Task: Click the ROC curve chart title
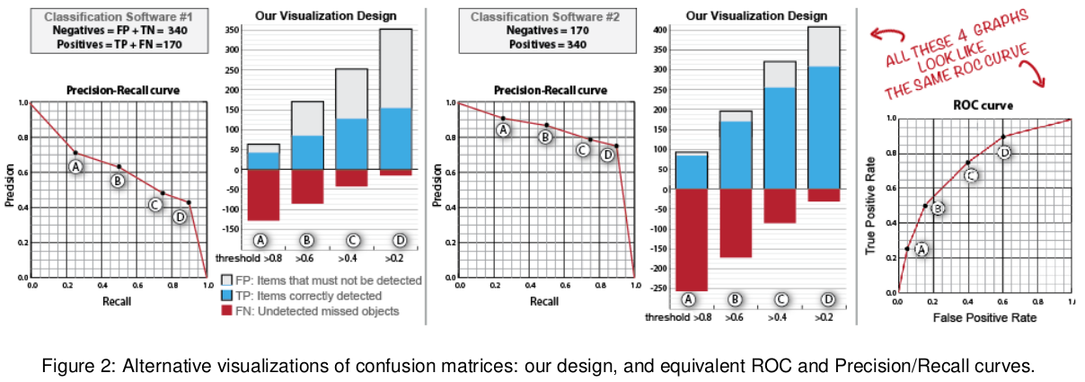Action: coord(984,105)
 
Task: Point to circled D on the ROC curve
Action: coord(1004,153)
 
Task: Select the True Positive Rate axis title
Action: coord(870,203)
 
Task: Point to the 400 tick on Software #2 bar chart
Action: coord(659,30)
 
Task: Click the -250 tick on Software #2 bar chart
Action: coord(657,288)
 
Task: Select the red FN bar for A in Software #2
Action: coord(691,240)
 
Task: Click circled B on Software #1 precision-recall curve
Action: coord(117,182)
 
